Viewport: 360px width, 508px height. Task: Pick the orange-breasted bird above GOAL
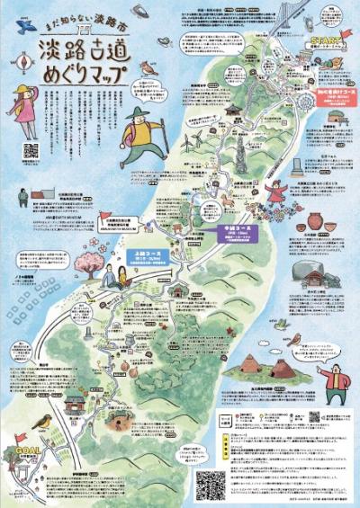point(41,420)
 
